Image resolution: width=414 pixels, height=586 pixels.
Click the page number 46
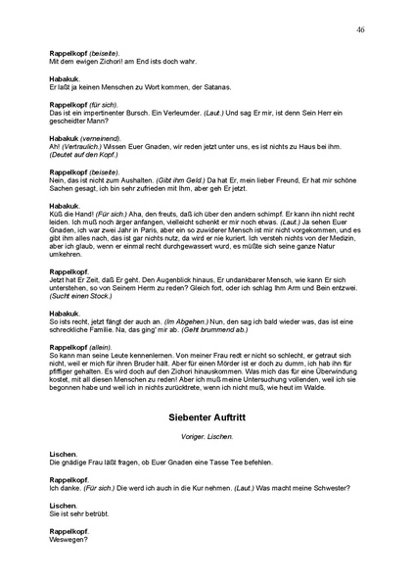click(361, 30)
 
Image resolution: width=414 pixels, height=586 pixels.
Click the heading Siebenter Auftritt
click(206, 417)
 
